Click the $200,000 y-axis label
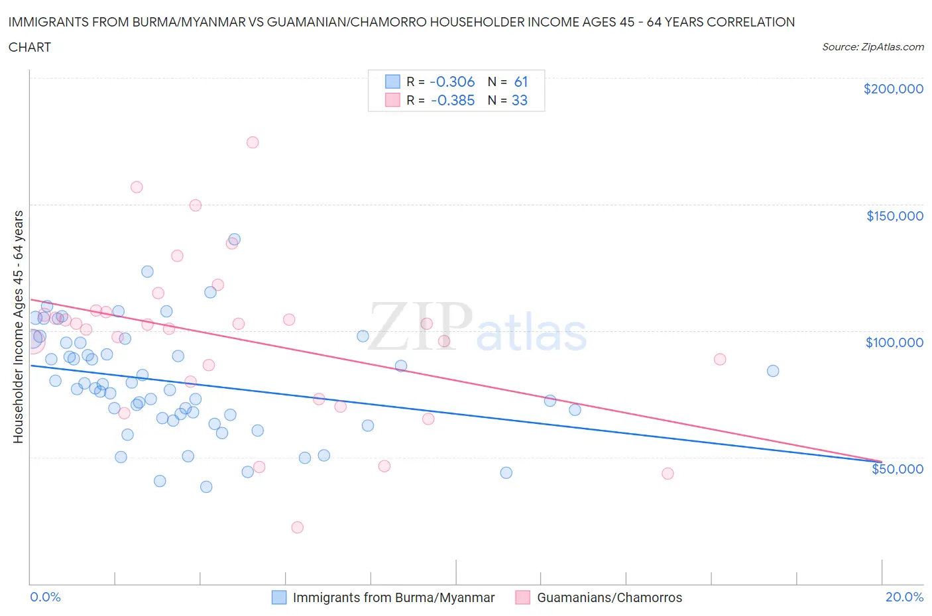click(893, 89)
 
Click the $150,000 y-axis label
click(894, 216)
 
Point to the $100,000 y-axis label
click(894, 342)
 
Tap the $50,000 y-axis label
click(897, 469)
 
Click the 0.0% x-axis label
click(45, 597)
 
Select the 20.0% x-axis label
click(904, 597)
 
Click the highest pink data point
click(253, 142)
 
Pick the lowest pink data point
click(298, 527)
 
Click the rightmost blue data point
click(773, 371)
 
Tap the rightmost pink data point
click(720, 359)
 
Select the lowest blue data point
click(206, 487)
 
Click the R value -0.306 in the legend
click(452, 81)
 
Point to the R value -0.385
click(453, 100)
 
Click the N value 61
click(521, 81)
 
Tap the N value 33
click(520, 100)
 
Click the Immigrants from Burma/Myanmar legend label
click(393, 597)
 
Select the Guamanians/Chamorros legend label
click(609, 597)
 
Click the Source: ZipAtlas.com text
click(872, 47)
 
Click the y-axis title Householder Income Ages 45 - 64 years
click(19, 327)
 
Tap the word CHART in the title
click(30, 47)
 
